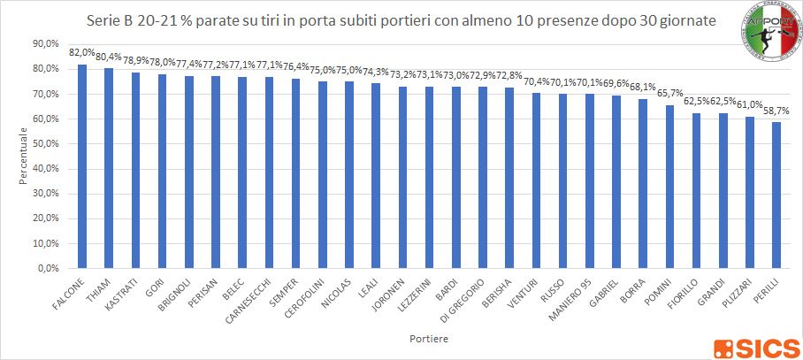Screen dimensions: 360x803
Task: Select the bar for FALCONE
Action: [x=82, y=165]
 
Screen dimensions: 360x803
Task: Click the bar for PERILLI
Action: [x=776, y=195]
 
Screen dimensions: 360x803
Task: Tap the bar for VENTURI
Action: [x=535, y=180]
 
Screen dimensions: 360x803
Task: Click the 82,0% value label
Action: [x=82, y=53]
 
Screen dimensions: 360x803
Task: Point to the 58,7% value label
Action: [x=776, y=111]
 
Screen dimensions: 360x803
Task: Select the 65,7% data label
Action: [x=669, y=94]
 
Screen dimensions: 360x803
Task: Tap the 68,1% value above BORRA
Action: [x=643, y=88]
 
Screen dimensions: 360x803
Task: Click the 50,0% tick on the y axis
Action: [x=44, y=143]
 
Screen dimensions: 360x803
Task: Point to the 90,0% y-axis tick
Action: [x=44, y=43]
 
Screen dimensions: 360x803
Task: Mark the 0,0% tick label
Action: [x=47, y=268]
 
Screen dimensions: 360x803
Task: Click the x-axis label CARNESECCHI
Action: [x=243, y=299]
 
